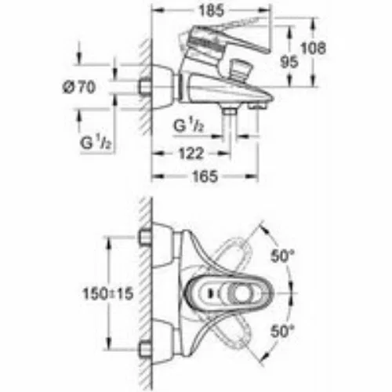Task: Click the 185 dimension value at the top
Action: click(x=212, y=11)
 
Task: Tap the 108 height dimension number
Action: click(x=314, y=48)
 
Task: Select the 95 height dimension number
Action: click(x=289, y=62)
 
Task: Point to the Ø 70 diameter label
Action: click(x=79, y=87)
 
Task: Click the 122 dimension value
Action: click(x=191, y=154)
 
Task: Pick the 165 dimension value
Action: click(x=205, y=176)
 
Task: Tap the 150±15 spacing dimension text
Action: click(x=108, y=293)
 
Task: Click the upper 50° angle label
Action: click(x=282, y=256)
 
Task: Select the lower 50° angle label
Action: click(x=282, y=331)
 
